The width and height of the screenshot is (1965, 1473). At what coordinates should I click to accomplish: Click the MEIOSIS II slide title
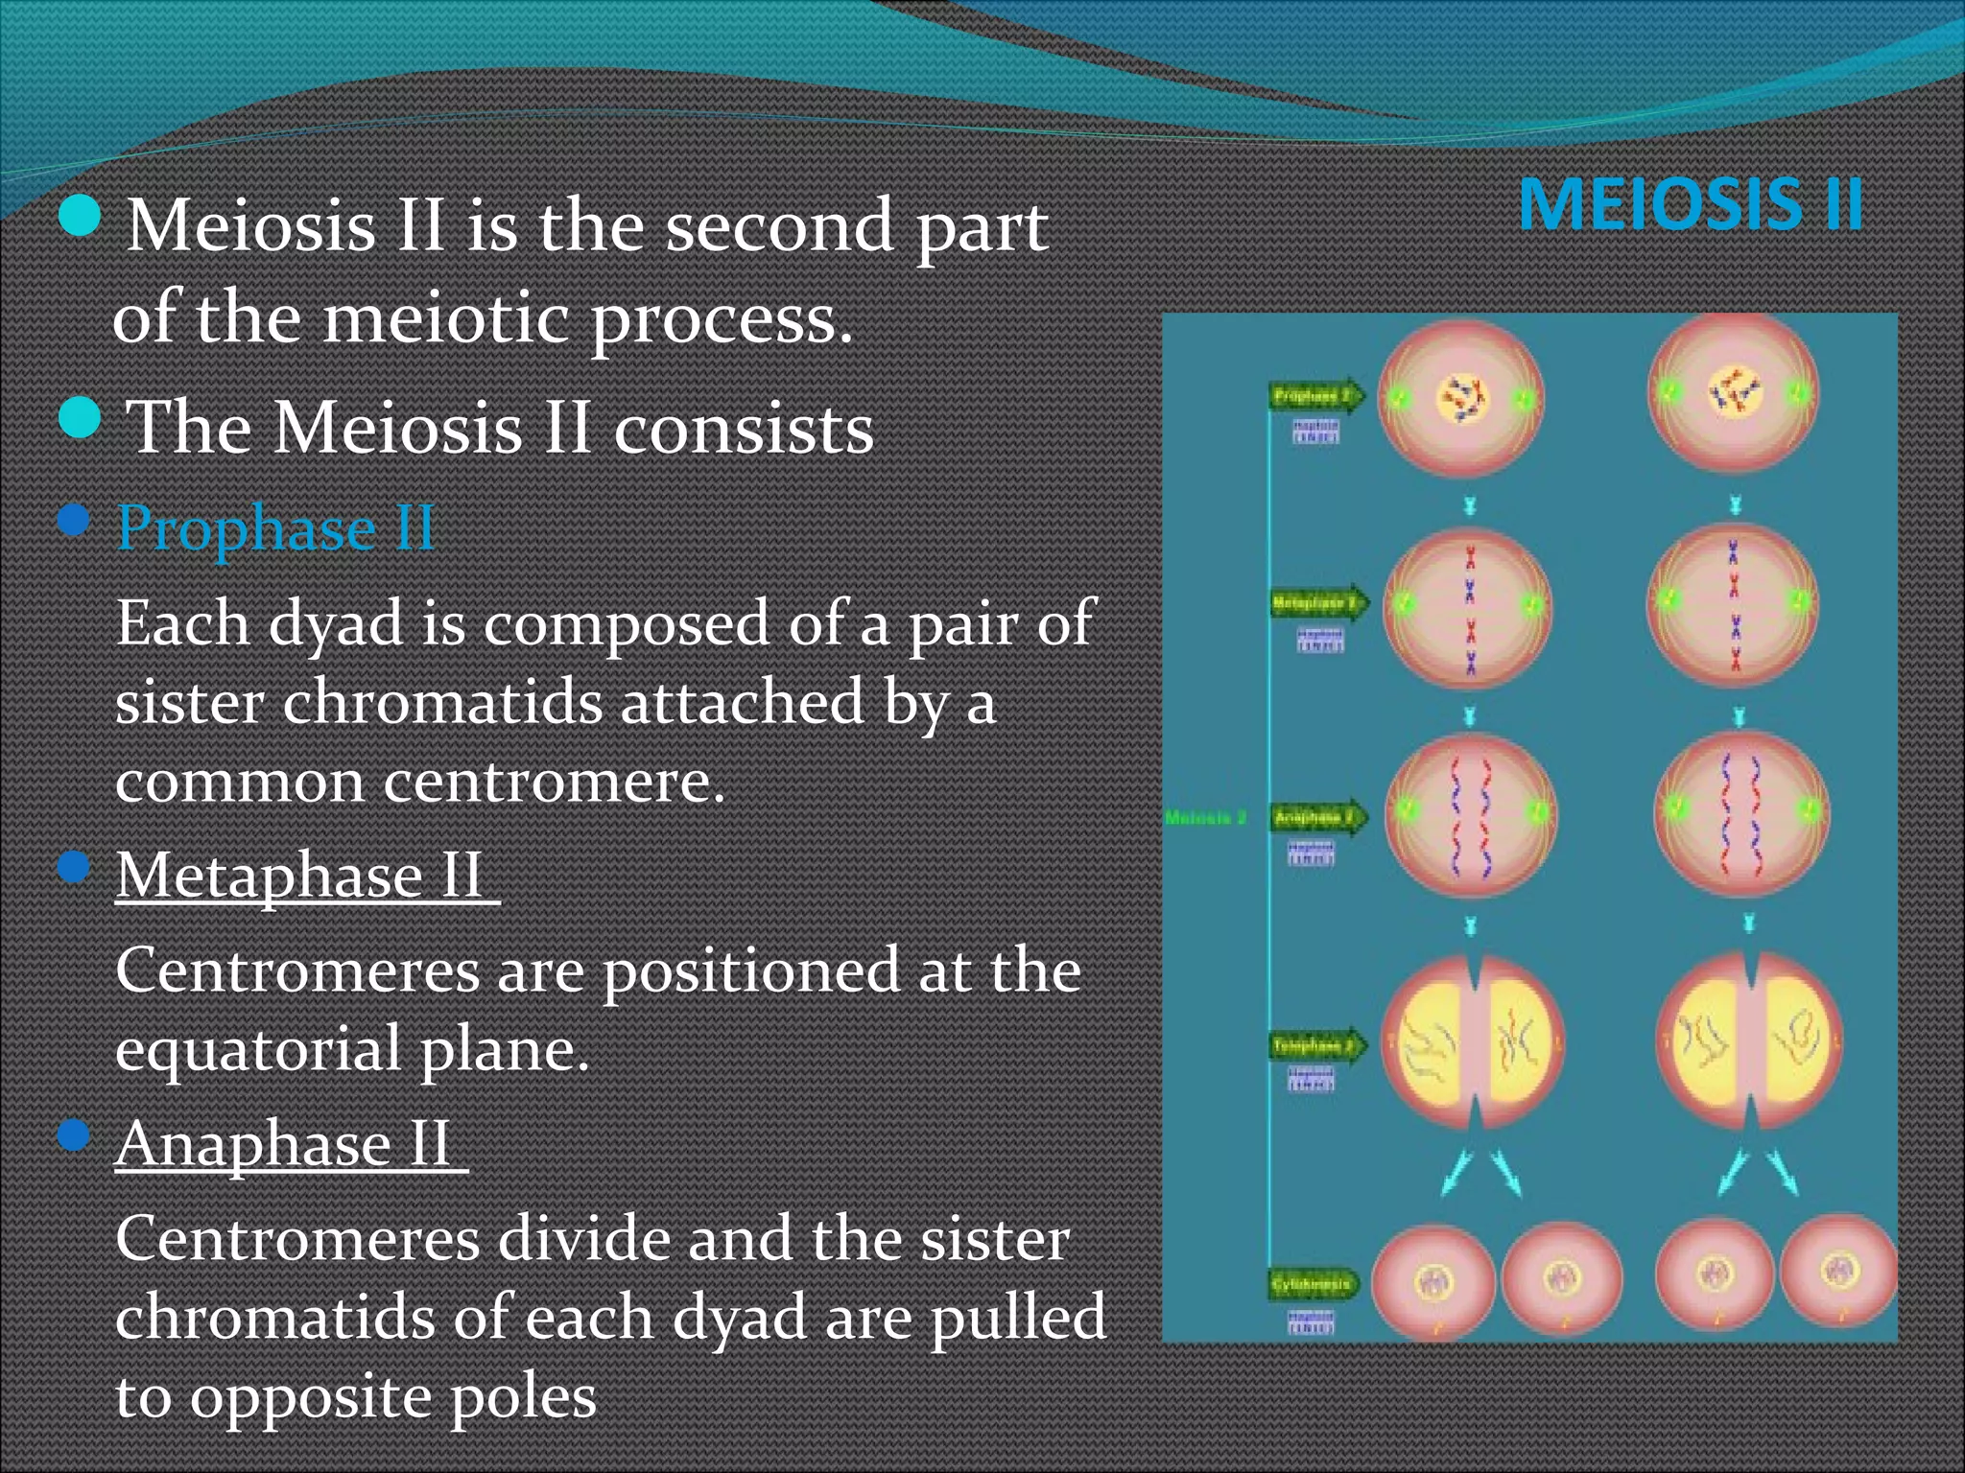[1691, 205]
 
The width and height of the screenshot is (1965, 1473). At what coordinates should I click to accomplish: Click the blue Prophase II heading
[275, 528]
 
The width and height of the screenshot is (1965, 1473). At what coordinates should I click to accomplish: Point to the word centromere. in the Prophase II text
[553, 782]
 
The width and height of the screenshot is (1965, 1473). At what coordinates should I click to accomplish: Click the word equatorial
[257, 1050]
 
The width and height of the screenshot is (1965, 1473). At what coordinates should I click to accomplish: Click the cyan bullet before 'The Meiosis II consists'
[80, 419]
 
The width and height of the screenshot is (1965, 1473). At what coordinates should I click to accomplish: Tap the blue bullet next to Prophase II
[74, 523]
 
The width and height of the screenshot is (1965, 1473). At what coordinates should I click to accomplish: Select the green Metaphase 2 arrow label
[1316, 603]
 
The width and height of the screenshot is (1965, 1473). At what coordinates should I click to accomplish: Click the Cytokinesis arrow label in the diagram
[1312, 1283]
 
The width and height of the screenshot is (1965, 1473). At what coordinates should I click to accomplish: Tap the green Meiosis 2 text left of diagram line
[1205, 818]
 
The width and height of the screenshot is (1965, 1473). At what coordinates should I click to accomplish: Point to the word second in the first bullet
[777, 227]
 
